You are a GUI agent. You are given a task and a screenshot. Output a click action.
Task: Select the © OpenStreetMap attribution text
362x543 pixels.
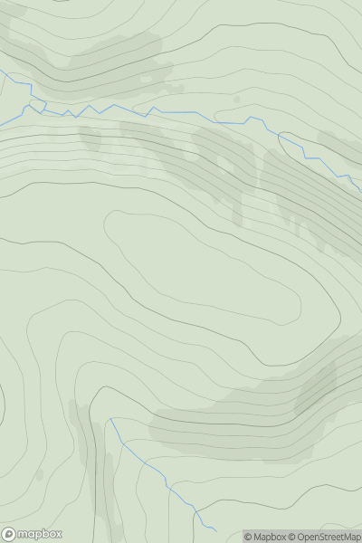tap(325, 537)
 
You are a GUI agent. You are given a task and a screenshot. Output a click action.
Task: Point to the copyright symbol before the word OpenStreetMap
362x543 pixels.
tap(293, 537)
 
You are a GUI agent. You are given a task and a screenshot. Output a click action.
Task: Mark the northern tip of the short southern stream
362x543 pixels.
tap(111, 419)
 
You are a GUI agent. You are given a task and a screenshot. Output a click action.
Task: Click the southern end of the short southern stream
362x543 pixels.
tap(216, 531)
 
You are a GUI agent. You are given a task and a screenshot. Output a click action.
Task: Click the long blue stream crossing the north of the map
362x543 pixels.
tap(181, 112)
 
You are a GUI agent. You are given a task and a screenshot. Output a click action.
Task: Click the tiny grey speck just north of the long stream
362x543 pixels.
tap(237, 98)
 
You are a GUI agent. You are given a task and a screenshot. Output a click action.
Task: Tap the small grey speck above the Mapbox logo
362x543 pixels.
tap(39, 473)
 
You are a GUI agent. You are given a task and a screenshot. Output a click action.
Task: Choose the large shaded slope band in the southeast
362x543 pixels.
tap(262, 407)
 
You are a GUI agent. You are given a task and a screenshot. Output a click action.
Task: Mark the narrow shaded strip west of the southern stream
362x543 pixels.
tap(86, 443)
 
